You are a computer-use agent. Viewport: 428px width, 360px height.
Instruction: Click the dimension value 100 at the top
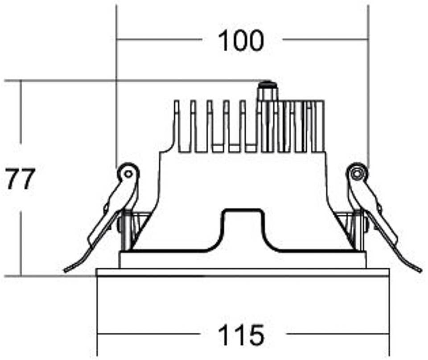coord(241,41)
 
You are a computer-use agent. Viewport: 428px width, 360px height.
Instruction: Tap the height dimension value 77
coord(20,179)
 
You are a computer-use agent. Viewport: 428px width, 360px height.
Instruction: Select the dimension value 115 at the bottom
coord(241,335)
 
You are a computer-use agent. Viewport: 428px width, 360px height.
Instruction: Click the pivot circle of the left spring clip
coord(128,173)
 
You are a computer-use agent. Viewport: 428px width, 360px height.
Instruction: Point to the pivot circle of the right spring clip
coord(357,173)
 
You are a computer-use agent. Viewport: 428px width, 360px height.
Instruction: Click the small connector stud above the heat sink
coord(268,91)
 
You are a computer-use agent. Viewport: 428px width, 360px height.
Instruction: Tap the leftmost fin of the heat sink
coord(177,126)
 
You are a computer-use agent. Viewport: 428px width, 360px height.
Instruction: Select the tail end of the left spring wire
coord(66,270)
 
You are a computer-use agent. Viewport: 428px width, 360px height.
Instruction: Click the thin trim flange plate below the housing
coord(243,273)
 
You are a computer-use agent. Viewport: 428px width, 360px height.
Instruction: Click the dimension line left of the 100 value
coord(160,40)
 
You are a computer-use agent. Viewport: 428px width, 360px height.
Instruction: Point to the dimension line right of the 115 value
coord(337,334)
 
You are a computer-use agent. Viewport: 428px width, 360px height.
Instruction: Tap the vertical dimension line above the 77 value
coord(21,112)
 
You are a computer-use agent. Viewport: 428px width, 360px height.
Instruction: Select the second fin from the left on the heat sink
coord(193,126)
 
